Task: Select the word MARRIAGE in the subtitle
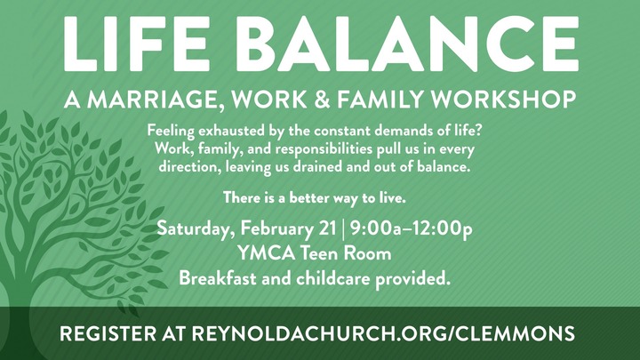156,99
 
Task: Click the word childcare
337,278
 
